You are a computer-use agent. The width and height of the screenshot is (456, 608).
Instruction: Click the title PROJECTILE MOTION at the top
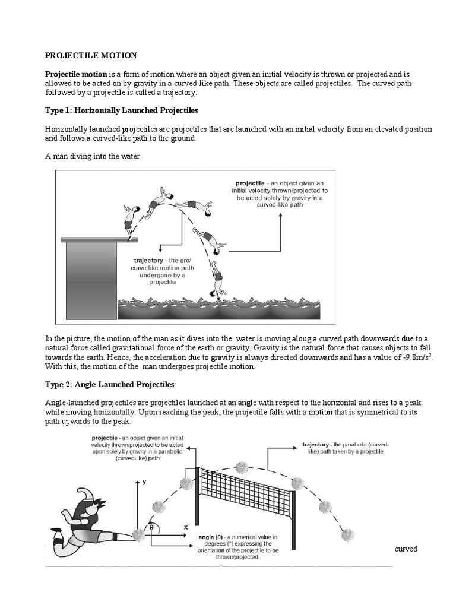pyautogui.click(x=91, y=55)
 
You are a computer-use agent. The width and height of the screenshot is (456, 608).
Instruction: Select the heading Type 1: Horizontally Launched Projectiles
pyautogui.click(x=122, y=110)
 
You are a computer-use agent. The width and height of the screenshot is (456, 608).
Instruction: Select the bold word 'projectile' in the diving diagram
pyautogui.click(x=250, y=183)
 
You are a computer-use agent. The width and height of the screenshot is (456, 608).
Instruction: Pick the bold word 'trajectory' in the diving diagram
pyautogui.click(x=150, y=260)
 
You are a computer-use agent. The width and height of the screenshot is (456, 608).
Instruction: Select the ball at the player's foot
pyautogui.click(x=138, y=534)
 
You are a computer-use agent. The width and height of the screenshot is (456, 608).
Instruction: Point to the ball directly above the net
pyautogui.click(x=241, y=467)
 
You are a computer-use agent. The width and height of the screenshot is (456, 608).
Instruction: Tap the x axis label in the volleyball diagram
pyautogui.click(x=186, y=527)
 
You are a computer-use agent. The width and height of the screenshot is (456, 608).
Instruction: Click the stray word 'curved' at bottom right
pyautogui.click(x=406, y=549)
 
